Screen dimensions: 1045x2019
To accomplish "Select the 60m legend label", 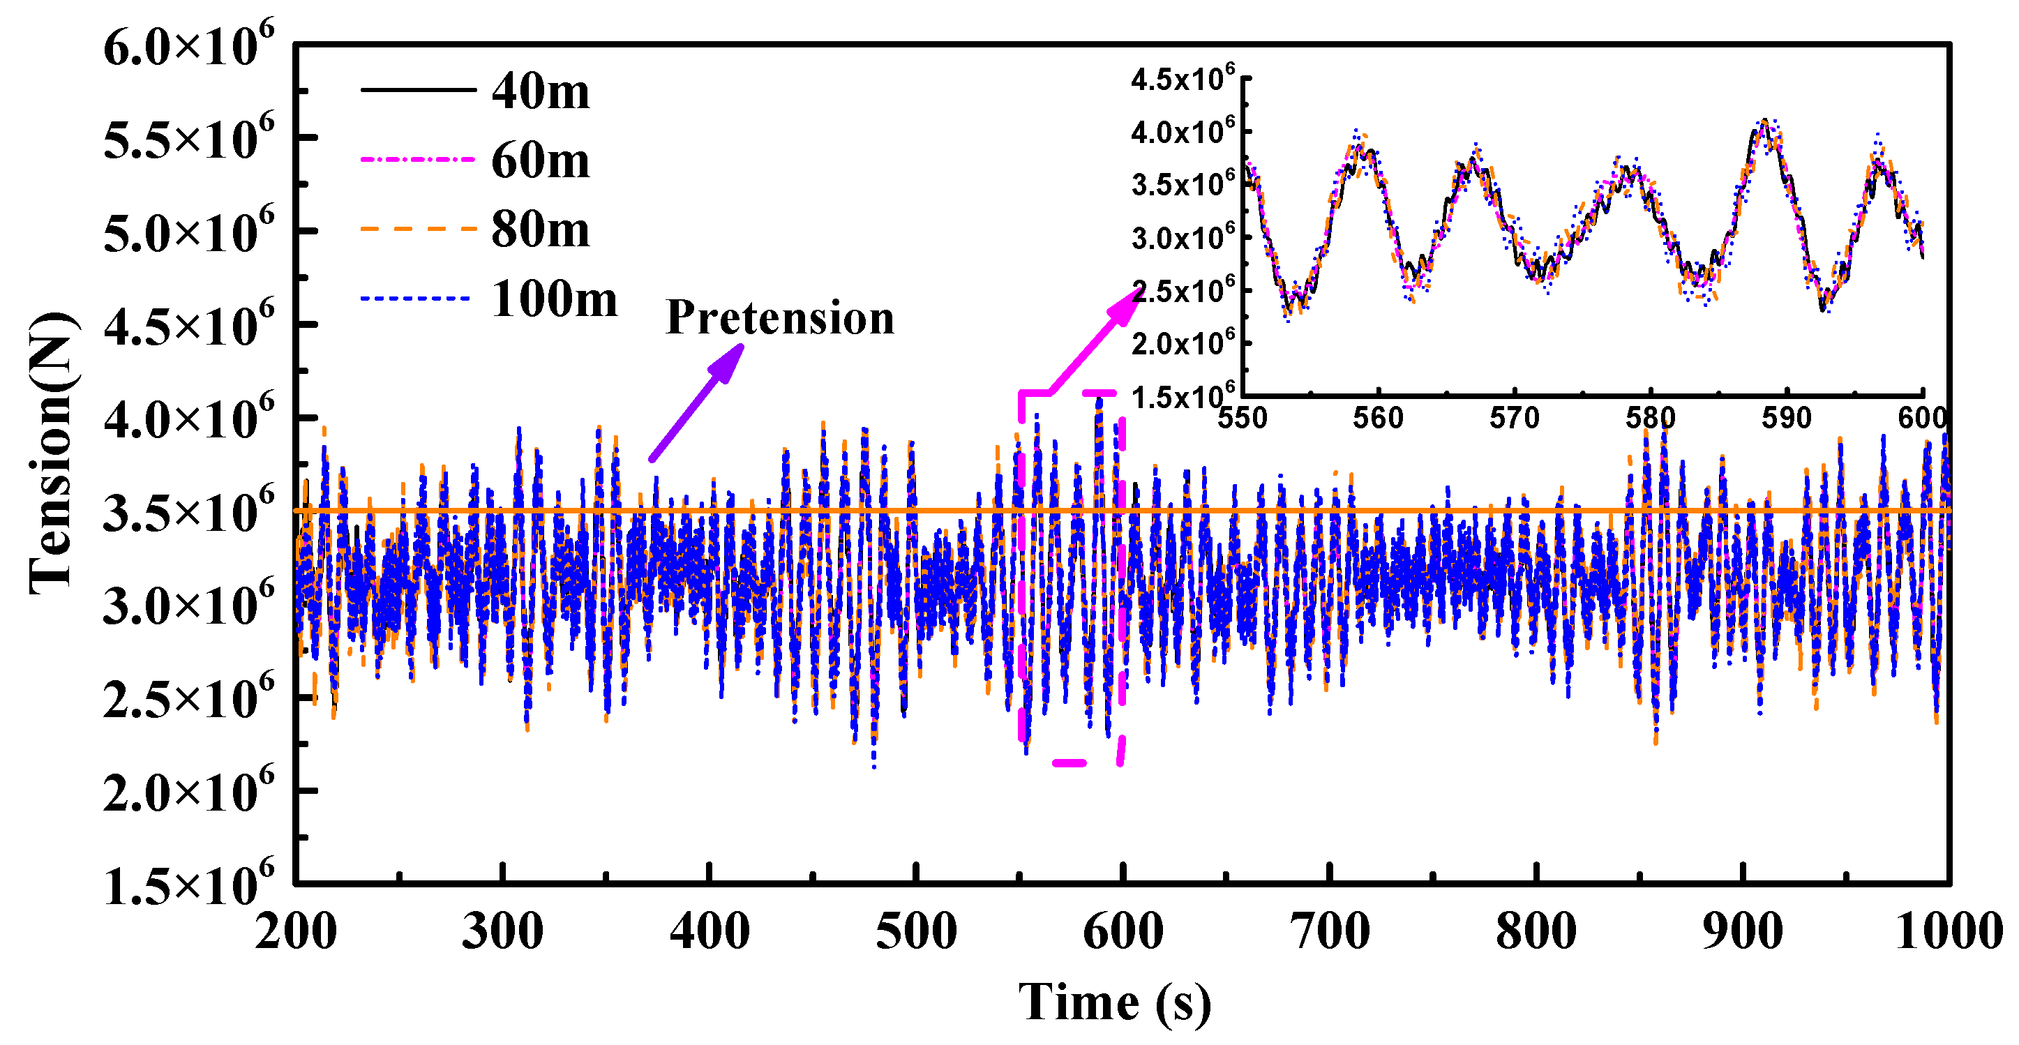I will (x=540, y=160).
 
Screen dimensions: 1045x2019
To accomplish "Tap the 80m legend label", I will (x=540, y=230).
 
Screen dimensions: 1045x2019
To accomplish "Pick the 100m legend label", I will (x=554, y=299).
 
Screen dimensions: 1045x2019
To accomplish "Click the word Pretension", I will (x=779, y=317).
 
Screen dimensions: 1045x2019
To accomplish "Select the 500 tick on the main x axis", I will (x=915, y=932).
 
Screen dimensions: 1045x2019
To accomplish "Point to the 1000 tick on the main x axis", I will (x=1948, y=932).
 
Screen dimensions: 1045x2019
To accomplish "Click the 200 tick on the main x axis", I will (x=297, y=932).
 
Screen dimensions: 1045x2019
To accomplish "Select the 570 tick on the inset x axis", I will (x=1514, y=418).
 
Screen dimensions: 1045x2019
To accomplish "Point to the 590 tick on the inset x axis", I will (x=1786, y=418).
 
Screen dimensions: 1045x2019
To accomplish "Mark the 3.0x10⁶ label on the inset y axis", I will (x=1182, y=236).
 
